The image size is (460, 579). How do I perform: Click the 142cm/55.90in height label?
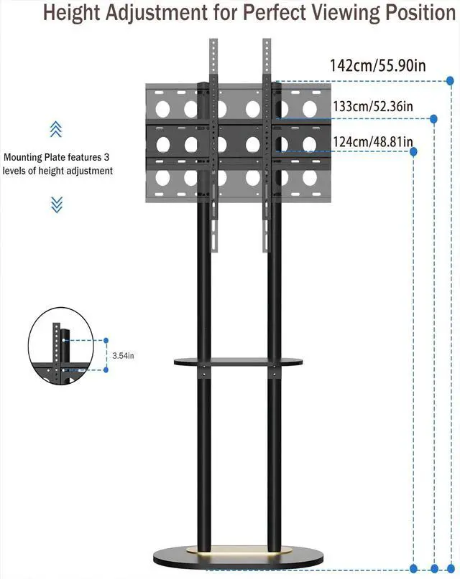point(377,65)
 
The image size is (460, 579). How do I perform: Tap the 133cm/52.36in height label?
point(372,106)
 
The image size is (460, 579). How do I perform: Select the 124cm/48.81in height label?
point(372,141)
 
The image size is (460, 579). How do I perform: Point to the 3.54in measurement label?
point(124,354)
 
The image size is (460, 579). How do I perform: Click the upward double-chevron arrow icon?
point(56,129)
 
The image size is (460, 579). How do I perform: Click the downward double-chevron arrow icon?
point(57,204)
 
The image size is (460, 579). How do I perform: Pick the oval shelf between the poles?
point(236,362)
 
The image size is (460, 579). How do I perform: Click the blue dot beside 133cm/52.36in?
point(433,118)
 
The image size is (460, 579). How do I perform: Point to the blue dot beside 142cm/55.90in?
point(450,80)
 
